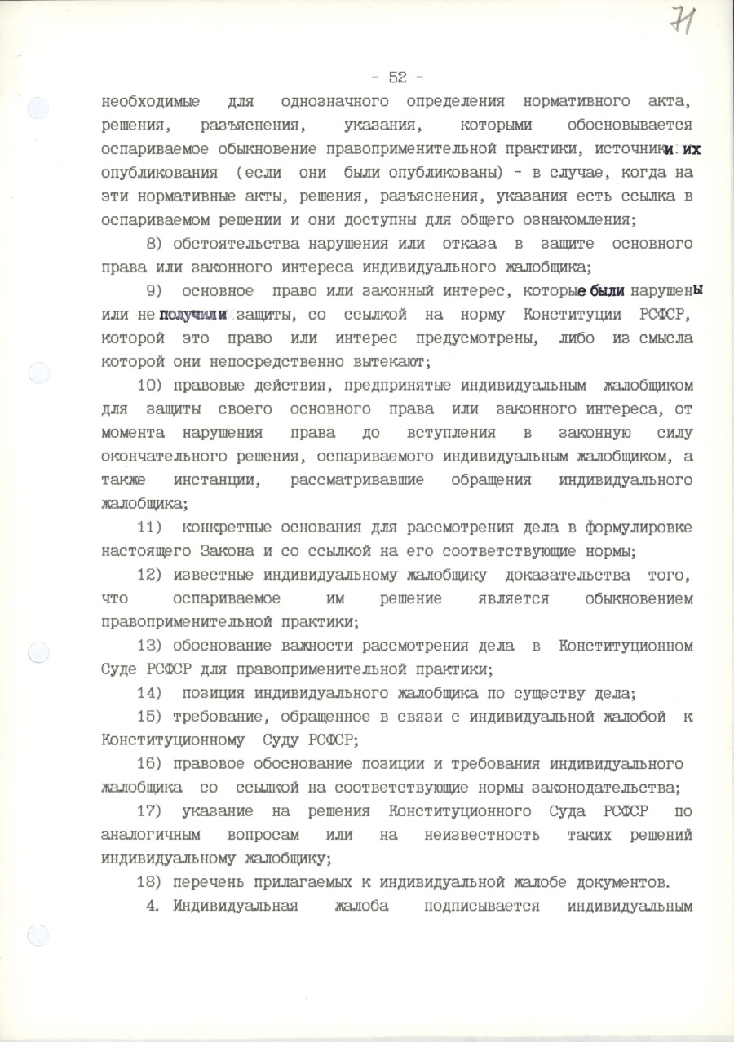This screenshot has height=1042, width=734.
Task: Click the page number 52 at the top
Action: click(397, 77)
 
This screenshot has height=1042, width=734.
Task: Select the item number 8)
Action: click(156, 244)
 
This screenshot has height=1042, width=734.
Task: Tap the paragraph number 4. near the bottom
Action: click(153, 906)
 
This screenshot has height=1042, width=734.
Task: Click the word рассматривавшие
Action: click(356, 480)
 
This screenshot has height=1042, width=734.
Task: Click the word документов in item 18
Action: click(624, 882)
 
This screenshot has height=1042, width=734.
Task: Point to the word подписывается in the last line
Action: click(487, 906)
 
